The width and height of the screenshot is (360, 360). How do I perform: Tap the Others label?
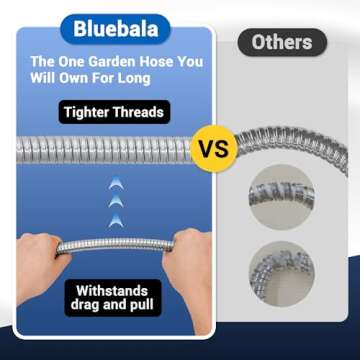(281, 42)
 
